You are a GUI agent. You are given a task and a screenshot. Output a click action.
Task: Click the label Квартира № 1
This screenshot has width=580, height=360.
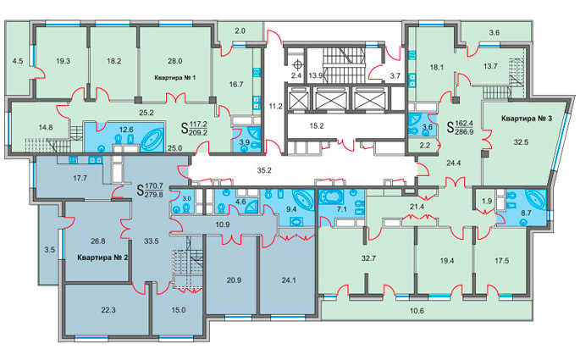pyautogui.click(x=174, y=78)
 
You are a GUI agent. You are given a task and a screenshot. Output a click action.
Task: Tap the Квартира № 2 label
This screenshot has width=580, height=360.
pyautogui.click(x=102, y=258)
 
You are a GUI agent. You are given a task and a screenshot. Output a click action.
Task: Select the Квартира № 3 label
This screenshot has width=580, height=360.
pyautogui.click(x=527, y=119)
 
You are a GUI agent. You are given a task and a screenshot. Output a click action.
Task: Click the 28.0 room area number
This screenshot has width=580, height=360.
pyautogui.click(x=174, y=61)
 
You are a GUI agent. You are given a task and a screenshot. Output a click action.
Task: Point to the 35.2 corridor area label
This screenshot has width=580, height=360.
pyautogui.click(x=264, y=170)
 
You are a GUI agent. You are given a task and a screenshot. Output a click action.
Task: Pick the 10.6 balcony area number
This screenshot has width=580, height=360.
pyautogui.click(x=417, y=311)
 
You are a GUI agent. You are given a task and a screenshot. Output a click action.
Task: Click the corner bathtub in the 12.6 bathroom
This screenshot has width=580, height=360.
pyautogui.click(x=152, y=140)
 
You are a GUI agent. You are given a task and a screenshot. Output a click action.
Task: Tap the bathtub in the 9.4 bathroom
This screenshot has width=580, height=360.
pyautogui.click(x=302, y=199)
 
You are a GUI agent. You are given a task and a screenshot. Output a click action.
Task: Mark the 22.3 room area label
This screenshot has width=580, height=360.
pyautogui.click(x=108, y=310)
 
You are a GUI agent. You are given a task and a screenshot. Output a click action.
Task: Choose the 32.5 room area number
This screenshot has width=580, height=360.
pyautogui.click(x=521, y=141)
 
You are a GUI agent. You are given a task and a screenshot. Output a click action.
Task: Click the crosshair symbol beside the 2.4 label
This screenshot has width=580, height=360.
pyautogui.click(x=296, y=64)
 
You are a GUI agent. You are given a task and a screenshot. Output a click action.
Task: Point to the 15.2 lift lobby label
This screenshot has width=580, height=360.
pyautogui.click(x=317, y=126)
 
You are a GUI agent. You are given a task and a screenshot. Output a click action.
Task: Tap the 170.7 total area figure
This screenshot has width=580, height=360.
pyautogui.click(x=154, y=186)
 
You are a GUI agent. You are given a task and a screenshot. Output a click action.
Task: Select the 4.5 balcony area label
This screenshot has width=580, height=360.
pyautogui.click(x=18, y=61)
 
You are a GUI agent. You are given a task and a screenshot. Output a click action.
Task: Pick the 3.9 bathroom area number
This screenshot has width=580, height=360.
pyautogui.click(x=244, y=141)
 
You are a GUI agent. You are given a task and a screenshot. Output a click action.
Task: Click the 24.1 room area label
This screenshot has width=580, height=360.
pyautogui.click(x=289, y=280)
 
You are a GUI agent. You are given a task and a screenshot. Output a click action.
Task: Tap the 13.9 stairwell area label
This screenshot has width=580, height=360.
pyautogui.click(x=316, y=76)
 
